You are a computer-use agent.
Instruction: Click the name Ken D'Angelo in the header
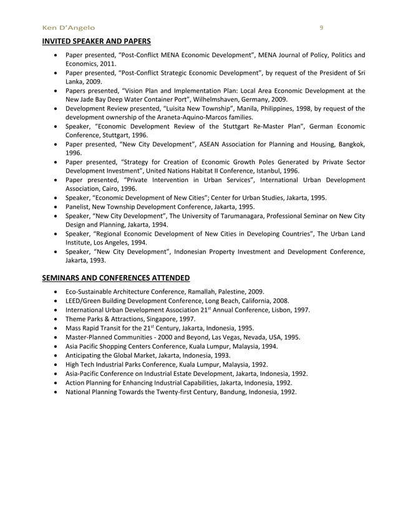tap(68, 27)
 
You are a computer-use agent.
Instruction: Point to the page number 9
tap(321, 27)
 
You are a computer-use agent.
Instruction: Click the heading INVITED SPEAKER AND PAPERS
tap(96, 42)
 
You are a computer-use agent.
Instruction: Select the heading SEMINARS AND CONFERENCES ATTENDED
tap(115, 277)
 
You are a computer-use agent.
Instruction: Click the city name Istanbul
tap(281, 170)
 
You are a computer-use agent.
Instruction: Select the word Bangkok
tap(349, 143)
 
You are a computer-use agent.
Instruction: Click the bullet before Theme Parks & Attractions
tap(57, 319)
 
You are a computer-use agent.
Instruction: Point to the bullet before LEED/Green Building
tap(57, 301)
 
